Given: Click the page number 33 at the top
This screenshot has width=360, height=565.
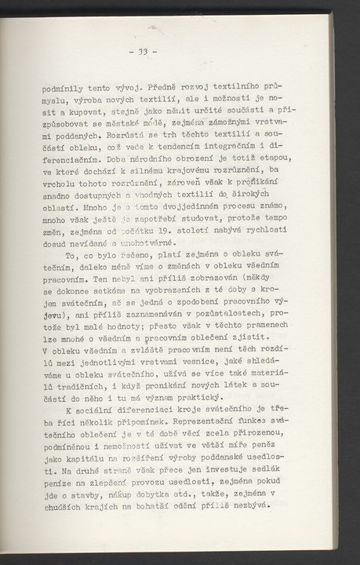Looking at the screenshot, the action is click(144, 54).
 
